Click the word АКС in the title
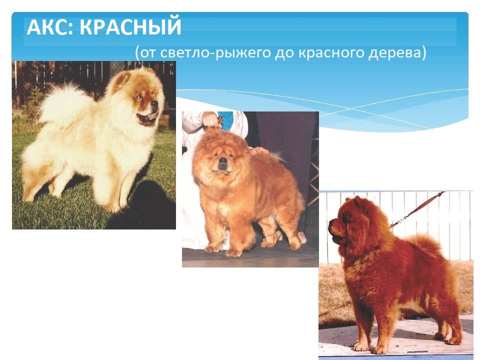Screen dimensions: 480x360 point(50,27)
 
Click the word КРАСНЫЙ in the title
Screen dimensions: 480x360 point(130,27)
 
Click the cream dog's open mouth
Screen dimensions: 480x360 point(147,118)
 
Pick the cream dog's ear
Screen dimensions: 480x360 point(121,80)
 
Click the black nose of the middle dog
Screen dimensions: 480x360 point(223,161)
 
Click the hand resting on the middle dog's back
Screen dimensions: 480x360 point(259,150)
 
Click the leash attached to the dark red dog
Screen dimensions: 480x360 point(416,209)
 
